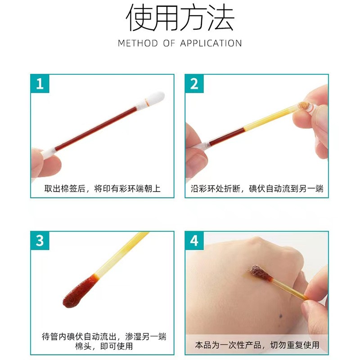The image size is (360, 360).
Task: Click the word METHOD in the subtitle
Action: (138, 43)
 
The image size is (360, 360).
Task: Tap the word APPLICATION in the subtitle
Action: (211, 43)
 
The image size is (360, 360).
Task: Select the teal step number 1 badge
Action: (40, 84)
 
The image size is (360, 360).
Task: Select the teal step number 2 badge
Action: (194, 84)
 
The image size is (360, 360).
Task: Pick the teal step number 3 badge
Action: (40, 241)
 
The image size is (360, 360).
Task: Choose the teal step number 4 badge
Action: (194, 241)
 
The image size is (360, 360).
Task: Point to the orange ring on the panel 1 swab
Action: (147, 102)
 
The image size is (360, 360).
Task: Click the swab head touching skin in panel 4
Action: (260, 273)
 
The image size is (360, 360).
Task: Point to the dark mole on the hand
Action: (280, 317)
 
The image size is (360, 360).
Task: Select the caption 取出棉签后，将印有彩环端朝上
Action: (103, 189)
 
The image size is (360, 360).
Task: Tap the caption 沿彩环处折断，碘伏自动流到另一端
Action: (257, 189)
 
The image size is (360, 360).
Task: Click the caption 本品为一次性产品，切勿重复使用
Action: (257, 345)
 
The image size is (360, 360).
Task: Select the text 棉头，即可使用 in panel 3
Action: (104, 346)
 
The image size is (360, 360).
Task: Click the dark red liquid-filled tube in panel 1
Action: (96, 129)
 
